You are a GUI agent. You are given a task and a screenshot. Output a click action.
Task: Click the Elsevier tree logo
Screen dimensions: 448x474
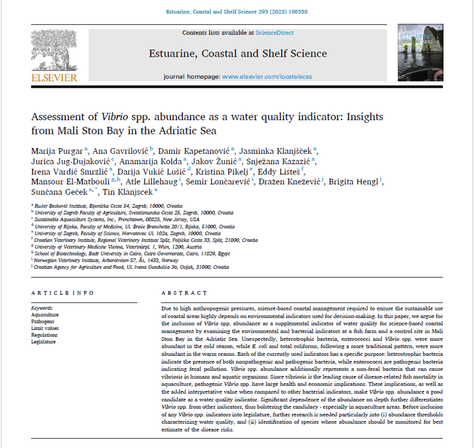(53, 51)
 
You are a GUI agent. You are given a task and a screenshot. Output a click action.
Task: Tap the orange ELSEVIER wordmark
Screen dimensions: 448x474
(54, 78)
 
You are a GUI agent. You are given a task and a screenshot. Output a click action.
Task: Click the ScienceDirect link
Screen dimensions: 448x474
(275, 32)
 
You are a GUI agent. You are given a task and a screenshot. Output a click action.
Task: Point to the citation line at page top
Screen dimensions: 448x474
(236, 12)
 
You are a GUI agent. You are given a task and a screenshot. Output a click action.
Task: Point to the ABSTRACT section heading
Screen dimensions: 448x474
(184, 293)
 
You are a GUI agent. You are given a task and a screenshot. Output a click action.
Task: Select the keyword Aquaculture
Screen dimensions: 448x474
(45, 314)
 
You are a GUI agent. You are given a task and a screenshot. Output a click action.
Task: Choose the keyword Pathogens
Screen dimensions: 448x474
(43, 321)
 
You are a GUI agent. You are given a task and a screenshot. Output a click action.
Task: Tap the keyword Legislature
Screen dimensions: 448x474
(44, 342)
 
